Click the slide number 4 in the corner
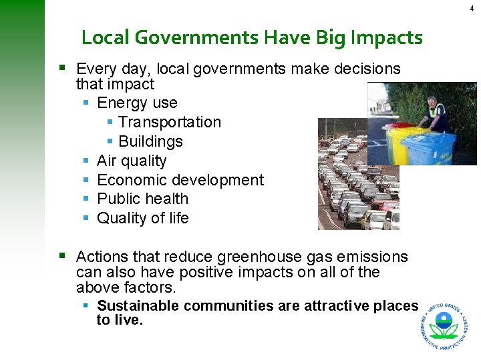(472, 8)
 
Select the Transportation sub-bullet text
(169, 122)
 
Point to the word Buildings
(150, 141)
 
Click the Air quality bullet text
(132, 161)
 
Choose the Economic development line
(180, 180)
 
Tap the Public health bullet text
(142, 199)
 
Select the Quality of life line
(143, 218)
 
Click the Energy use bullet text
(137, 103)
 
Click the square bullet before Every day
(62, 67)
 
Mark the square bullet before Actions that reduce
(62, 255)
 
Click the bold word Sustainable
(138, 306)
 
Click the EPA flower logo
(443, 325)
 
